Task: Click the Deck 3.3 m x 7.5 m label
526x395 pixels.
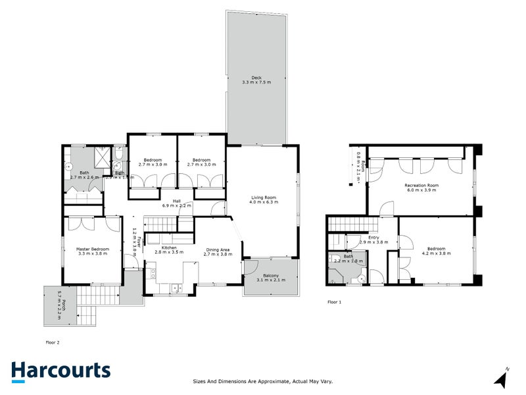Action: click(x=256, y=79)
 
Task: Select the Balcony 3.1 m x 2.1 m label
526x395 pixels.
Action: click(x=271, y=278)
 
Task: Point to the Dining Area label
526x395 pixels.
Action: click(x=217, y=251)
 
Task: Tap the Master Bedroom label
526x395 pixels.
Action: click(x=93, y=251)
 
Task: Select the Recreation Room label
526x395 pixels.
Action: click(x=421, y=188)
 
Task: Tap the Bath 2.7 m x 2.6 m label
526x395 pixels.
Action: click(x=84, y=174)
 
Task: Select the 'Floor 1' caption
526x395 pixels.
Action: click(x=335, y=302)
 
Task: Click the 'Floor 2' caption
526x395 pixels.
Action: click(x=53, y=342)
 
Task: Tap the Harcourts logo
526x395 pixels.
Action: click(x=60, y=371)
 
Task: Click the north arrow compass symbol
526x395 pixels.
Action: click(x=502, y=378)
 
